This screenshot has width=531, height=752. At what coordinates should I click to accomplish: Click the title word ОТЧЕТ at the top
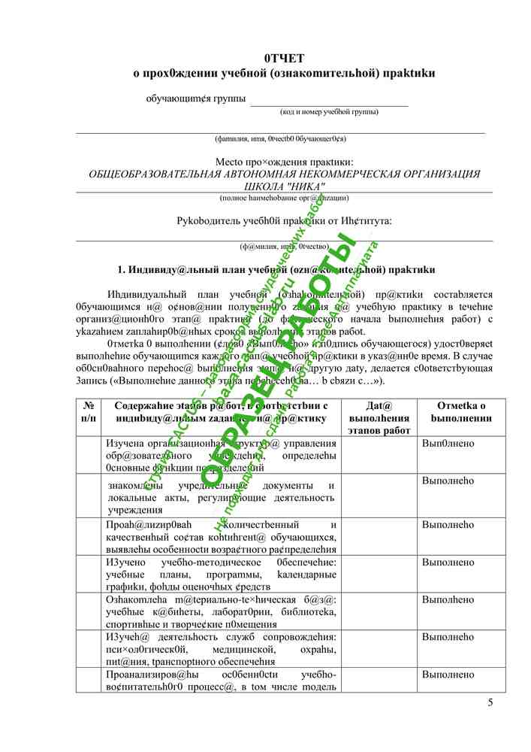click(284, 59)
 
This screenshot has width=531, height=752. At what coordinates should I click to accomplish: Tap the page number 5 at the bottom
click(490, 702)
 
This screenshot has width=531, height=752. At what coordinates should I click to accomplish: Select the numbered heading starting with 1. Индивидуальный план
click(276, 269)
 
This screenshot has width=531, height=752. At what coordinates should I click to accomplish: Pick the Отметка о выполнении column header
click(461, 411)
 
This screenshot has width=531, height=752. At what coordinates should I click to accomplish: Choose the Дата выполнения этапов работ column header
click(379, 417)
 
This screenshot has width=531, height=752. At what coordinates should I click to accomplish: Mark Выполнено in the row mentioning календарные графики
click(447, 562)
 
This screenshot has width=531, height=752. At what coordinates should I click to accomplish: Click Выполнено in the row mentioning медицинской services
click(447, 636)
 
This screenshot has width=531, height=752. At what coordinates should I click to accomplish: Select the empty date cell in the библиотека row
click(379, 611)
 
